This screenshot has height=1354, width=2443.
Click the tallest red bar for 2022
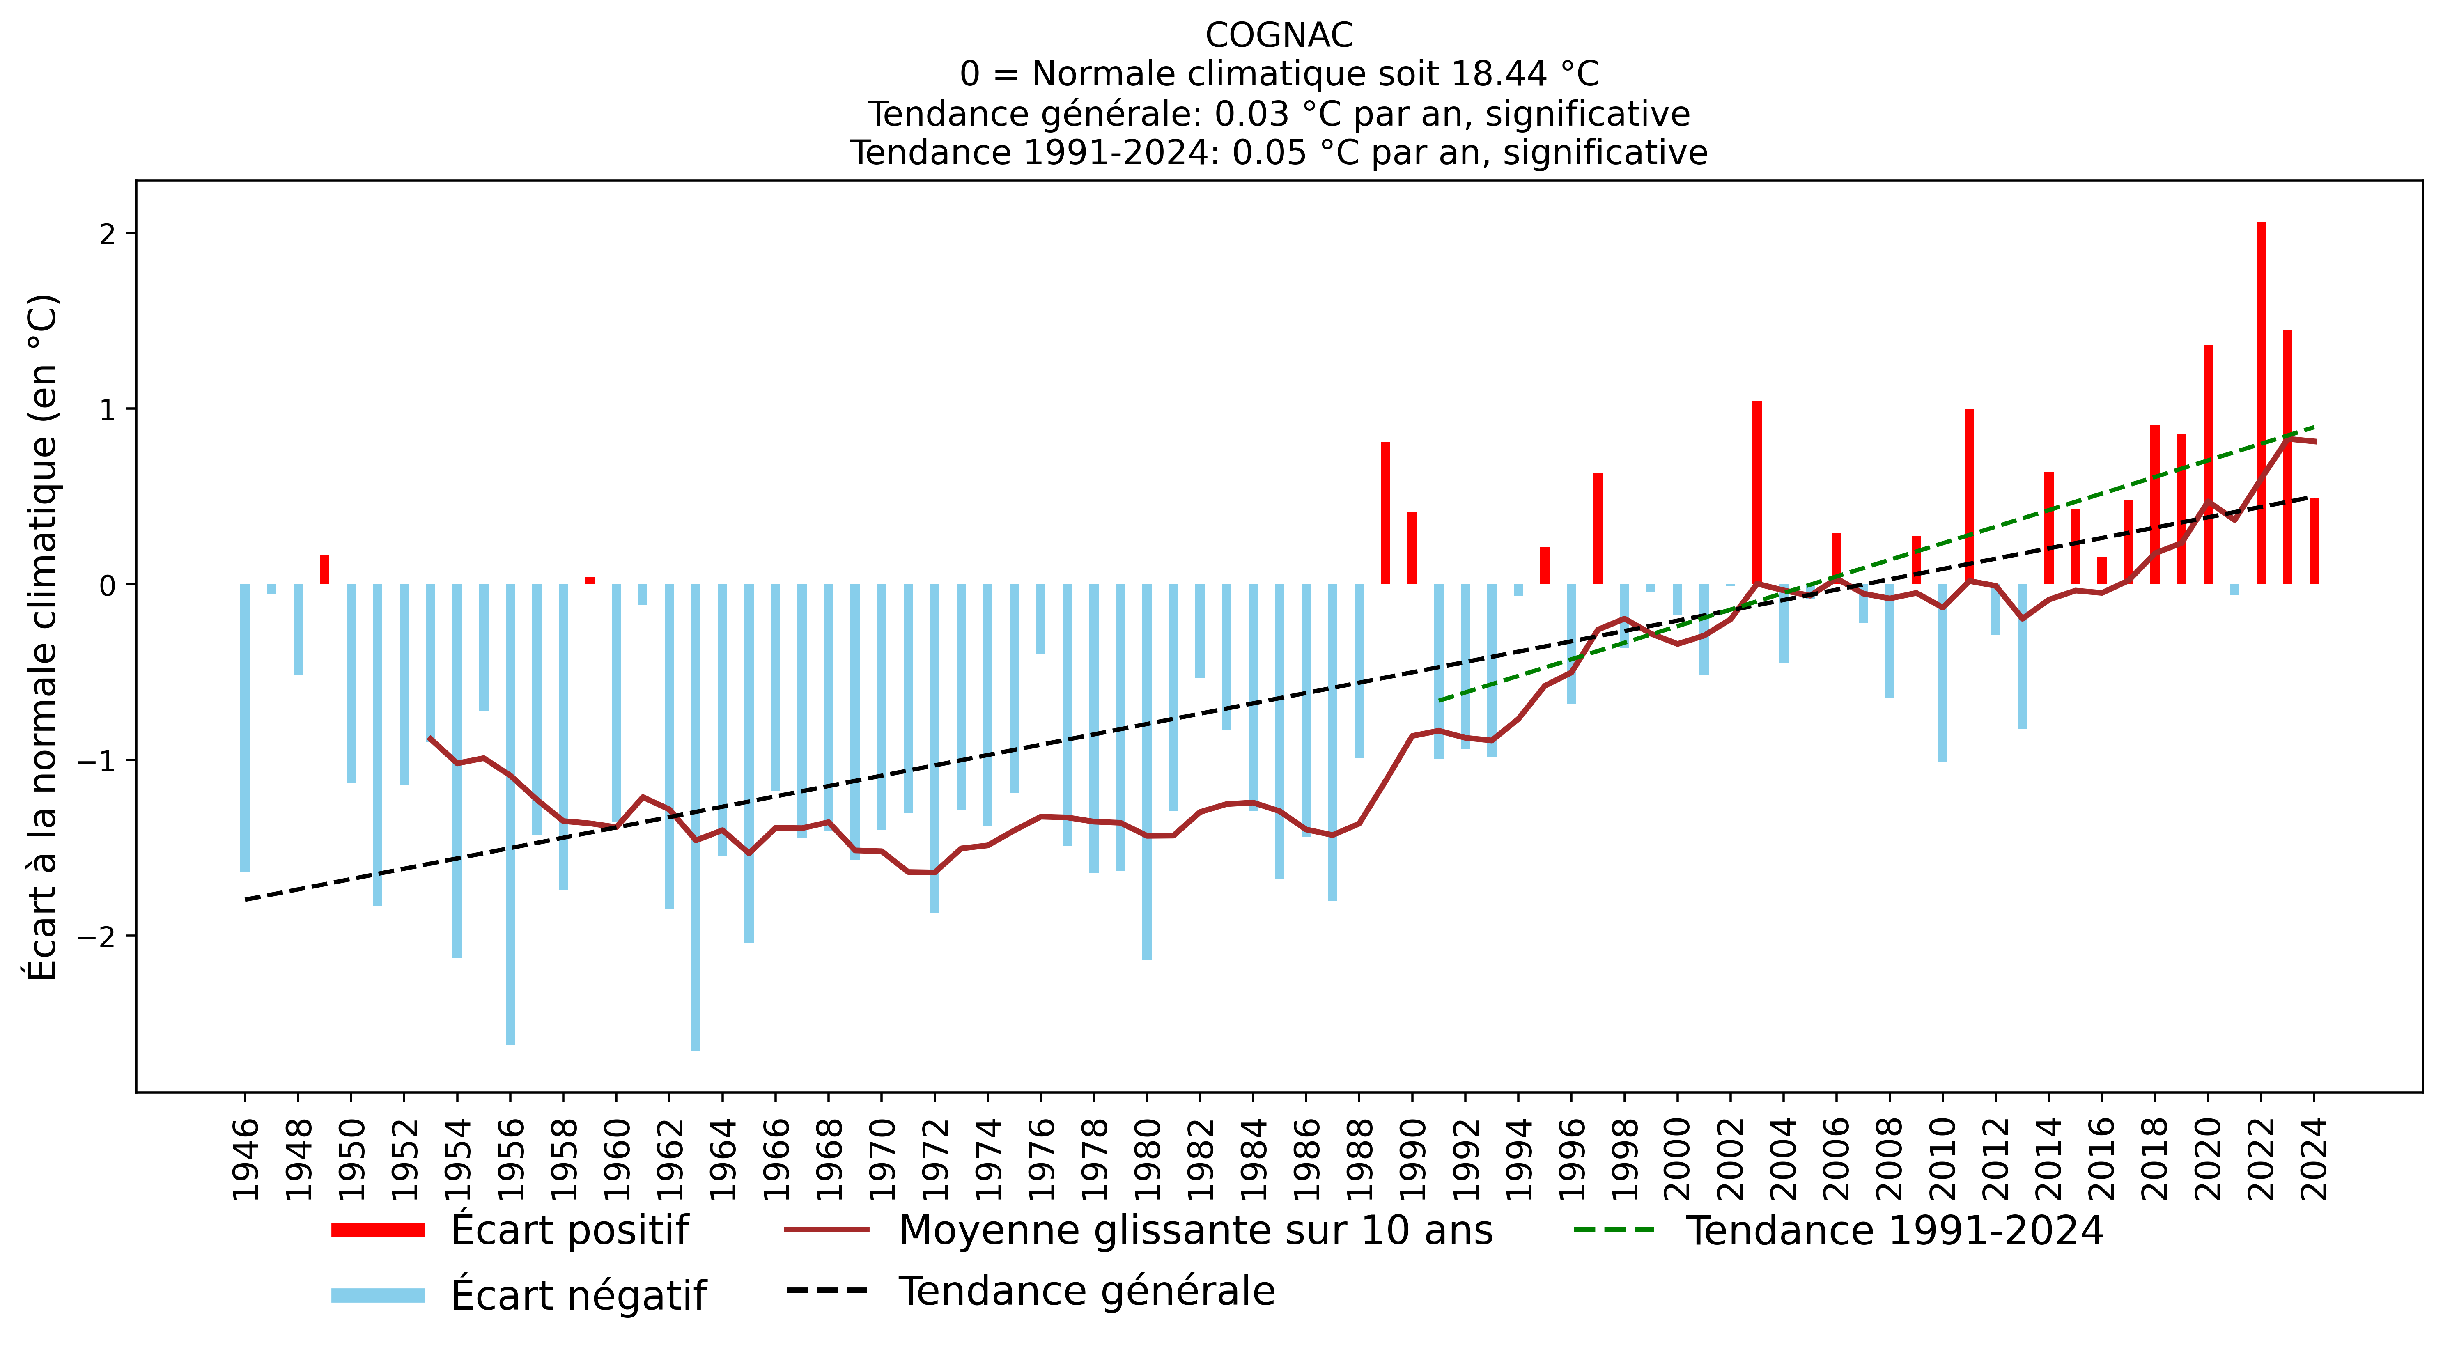pyautogui.click(x=2261, y=403)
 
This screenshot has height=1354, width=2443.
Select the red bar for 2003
pyautogui.click(x=1756, y=493)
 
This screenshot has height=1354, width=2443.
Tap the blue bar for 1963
pyautogui.click(x=696, y=817)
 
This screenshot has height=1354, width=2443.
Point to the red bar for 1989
pyautogui.click(x=1386, y=513)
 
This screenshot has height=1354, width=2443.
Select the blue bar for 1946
pyautogui.click(x=245, y=727)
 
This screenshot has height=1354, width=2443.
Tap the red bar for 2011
pyautogui.click(x=1969, y=497)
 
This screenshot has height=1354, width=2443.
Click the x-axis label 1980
pyautogui.click(x=1148, y=1159)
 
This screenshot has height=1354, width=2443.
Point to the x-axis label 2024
pyautogui.click(x=2314, y=1159)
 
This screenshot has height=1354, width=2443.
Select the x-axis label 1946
pyautogui.click(x=245, y=1159)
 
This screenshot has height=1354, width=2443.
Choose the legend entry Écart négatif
pyautogui.click(x=579, y=1295)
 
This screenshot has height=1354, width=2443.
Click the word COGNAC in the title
pyautogui.click(x=1279, y=35)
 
